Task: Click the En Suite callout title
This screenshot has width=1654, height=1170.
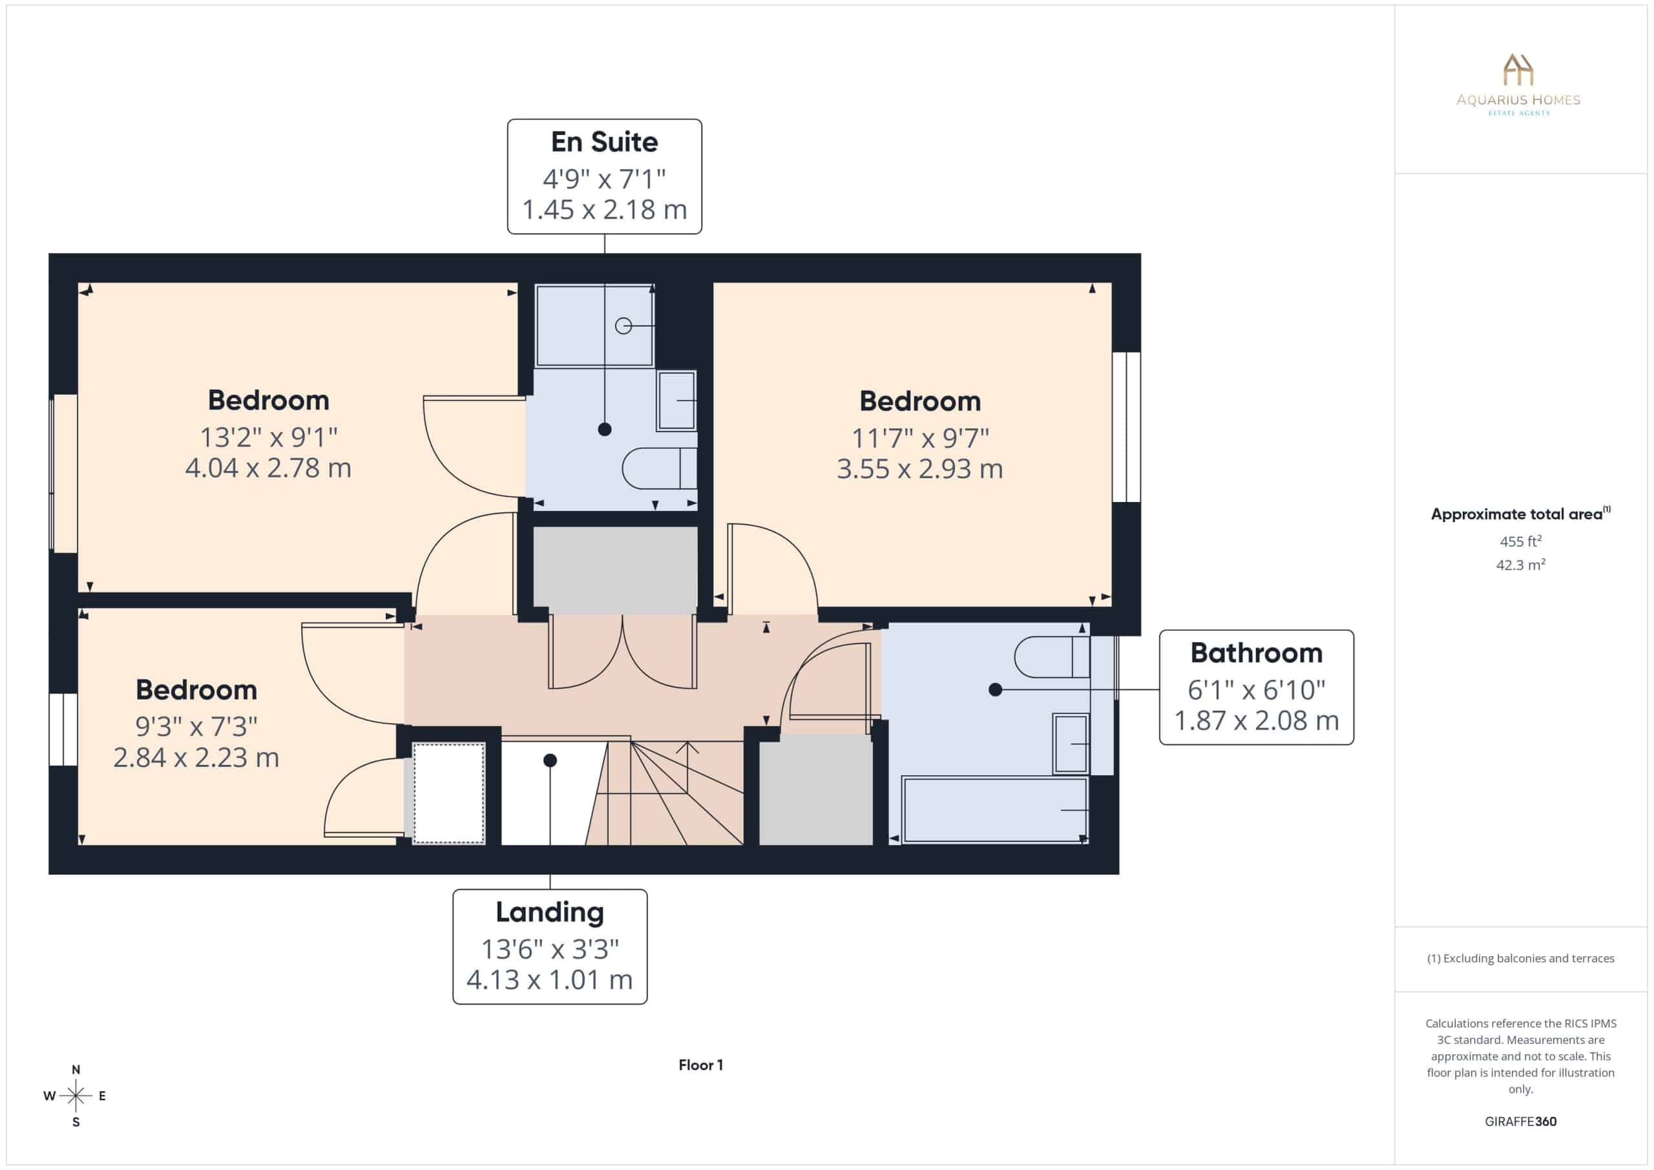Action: point(604,142)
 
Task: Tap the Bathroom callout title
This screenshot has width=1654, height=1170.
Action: point(1257,653)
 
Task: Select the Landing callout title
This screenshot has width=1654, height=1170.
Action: point(550,912)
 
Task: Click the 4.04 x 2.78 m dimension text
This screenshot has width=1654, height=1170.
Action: point(268,468)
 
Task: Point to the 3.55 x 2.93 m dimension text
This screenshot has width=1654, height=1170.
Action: point(920,469)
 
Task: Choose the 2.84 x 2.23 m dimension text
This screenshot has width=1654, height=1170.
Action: point(196,757)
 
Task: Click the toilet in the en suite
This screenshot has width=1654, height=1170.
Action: point(659,468)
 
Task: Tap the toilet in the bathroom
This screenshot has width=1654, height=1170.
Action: point(1052,657)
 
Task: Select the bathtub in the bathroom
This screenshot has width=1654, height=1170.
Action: point(995,810)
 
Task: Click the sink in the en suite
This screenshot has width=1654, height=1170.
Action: point(676,401)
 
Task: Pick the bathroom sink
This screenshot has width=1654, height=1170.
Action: point(1071,744)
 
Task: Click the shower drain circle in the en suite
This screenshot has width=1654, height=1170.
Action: point(623,326)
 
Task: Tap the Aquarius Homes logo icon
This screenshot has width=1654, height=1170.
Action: point(1518,70)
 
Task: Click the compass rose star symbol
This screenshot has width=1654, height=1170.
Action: point(76,1096)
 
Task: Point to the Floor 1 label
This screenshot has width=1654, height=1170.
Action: point(701,1065)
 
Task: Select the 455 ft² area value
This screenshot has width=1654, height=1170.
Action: point(1521,541)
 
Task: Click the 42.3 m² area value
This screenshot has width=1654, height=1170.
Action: point(1521,565)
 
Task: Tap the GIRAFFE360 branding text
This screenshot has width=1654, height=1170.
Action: point(1521,1121)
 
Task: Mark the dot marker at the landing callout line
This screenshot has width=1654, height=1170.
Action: point(550,760)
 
